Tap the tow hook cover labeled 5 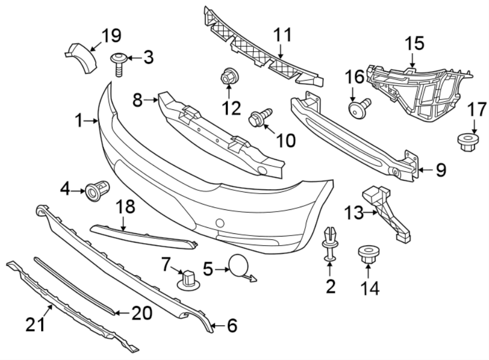[239, 266]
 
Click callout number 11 [282, 35]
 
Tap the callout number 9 [440, 171]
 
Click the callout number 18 [124, 207]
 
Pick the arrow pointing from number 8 [151, 99]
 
